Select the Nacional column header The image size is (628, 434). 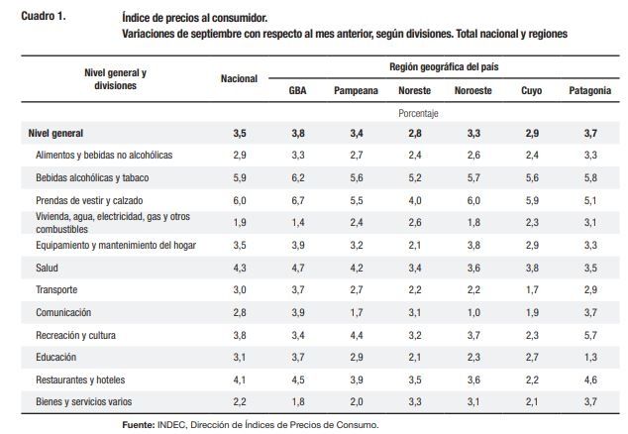(239, 78)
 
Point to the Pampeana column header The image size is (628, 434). (357, 90)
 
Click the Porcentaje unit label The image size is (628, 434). (418, 113)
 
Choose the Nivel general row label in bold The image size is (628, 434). (55, 133)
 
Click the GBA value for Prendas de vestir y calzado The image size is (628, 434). (297, 199)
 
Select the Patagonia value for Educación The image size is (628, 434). (589, 356)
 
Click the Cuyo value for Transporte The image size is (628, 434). (531, 288)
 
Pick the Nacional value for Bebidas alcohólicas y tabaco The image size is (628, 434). (239, 177)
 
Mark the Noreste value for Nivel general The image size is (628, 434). (414, 133)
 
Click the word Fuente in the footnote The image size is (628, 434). (138, 424)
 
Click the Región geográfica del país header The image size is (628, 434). (441, 66)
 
